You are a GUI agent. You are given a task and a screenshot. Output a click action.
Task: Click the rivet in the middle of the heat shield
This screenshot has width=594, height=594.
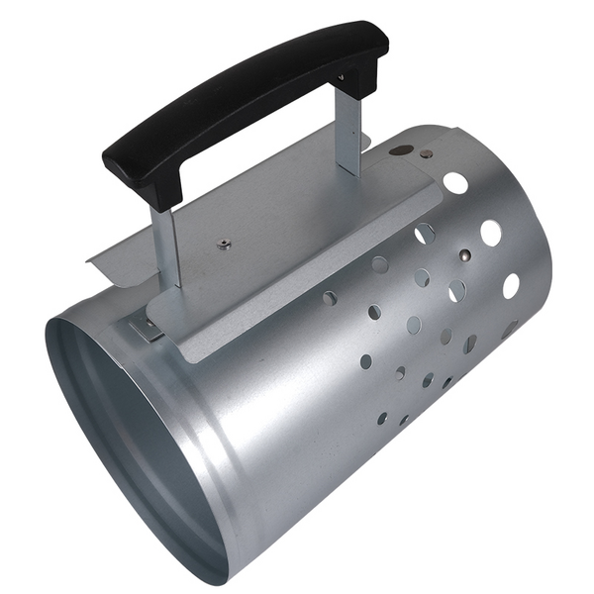tap(224, 244)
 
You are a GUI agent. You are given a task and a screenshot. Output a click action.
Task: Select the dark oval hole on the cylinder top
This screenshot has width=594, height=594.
tap(401, 150)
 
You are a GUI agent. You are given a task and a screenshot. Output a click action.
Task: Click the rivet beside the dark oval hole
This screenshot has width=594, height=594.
tap(427, 154)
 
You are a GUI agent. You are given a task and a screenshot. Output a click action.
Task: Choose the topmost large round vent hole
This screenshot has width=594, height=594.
tap(455, 182)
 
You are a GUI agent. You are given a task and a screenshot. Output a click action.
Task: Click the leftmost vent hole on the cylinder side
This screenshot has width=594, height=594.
tap(330, 297)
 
